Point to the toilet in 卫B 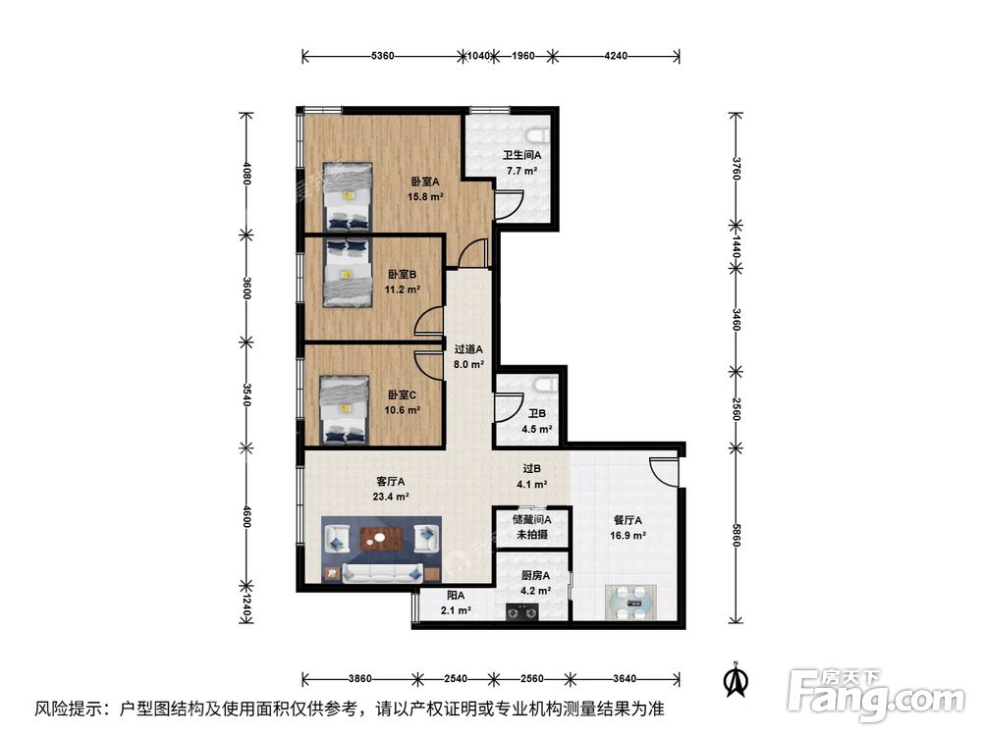coord(545,386)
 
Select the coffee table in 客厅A coord(383,538)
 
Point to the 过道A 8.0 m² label coord(468,355)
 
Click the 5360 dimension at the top coord(383,56)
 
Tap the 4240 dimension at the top coord(616,56)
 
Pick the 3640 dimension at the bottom coord(625,678)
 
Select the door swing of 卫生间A coord(508,203)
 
